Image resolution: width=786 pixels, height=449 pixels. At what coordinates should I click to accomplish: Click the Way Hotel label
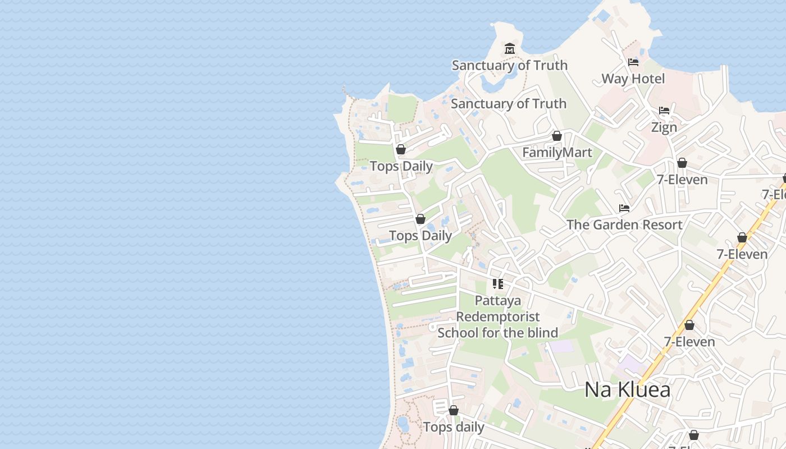coord(633,79)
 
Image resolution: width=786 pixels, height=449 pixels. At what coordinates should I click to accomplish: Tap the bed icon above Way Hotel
coord(633,62)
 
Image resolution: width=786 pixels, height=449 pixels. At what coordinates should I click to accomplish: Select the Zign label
coord(664,127)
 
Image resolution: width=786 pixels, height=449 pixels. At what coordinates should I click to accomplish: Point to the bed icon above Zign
coord(664,111)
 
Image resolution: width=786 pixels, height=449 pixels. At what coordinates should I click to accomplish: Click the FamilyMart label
coord(556,153)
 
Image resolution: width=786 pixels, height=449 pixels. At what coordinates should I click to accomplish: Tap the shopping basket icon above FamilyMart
coord(557,136)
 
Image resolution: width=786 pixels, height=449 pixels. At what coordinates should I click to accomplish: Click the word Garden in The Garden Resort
coord(616,225)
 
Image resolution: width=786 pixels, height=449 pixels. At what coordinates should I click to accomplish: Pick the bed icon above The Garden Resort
coord(624,208)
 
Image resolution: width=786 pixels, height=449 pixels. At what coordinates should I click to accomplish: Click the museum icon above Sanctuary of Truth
coord(509,49)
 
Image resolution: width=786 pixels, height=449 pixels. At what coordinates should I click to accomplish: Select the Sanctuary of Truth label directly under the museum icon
coord(509,65)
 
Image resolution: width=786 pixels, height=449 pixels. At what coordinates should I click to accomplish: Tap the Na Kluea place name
coord(627,390)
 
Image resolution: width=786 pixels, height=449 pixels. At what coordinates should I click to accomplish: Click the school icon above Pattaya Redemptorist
coord(497,284)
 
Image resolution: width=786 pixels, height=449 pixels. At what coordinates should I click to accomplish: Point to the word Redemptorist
coord(497,317)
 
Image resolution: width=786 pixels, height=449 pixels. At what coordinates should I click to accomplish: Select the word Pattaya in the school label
coord(497,300)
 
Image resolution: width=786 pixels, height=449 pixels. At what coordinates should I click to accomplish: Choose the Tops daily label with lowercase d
coord(454,427)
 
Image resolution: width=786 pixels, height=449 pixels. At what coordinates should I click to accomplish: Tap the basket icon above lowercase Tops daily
coord(454,411)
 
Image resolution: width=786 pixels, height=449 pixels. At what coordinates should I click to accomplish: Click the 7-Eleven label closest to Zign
coord(682,180)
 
